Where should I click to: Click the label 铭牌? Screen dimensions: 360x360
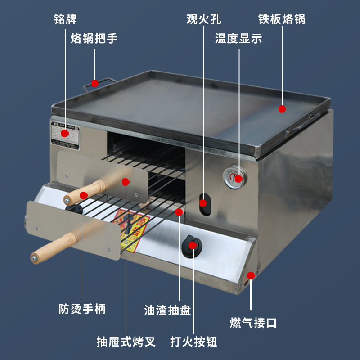[64, 19]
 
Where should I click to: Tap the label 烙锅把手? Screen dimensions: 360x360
[94, 38]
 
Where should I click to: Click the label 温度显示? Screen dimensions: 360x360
[238, 39]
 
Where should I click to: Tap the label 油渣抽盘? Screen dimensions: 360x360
[167, 310]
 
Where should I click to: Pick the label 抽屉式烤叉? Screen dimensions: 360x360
[126, 342]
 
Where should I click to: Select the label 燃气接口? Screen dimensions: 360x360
[252, 322]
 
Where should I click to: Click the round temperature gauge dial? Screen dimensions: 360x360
[234, 179]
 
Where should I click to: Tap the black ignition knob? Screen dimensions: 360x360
[191, 245]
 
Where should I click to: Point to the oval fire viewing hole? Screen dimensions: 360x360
[204, 203]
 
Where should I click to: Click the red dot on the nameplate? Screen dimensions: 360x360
[65, 133]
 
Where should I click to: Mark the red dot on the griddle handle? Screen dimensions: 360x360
[95, 83]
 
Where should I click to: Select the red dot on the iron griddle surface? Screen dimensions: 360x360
[282, 108]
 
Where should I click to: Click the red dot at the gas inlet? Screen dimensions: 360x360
[251, 275]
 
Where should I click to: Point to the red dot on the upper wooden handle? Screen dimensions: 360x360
[83, 195]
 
